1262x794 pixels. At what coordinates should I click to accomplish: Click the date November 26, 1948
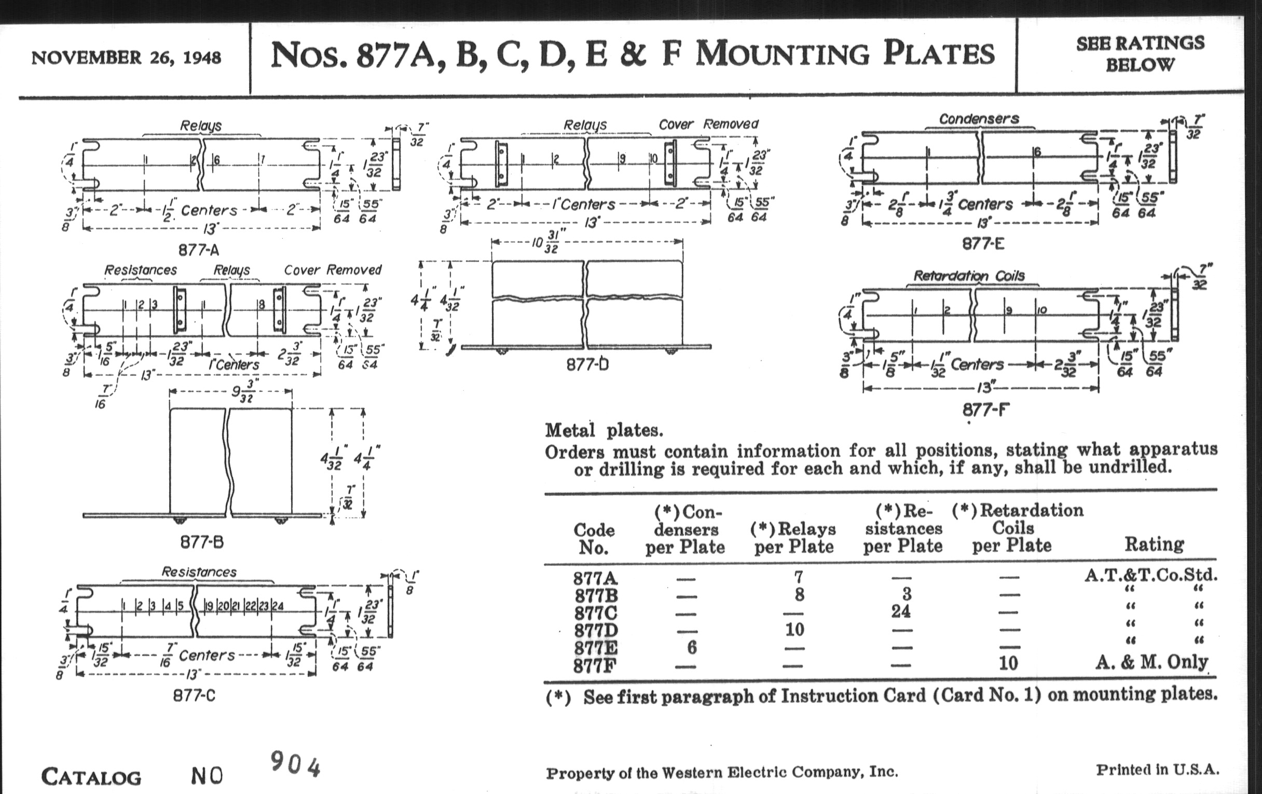coord(126,57)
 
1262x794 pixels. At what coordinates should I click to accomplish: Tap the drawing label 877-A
coord(199,250)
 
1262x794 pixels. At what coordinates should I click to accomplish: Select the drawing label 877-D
coord(587,364)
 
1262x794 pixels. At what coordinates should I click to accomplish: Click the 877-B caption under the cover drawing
coord(202,542)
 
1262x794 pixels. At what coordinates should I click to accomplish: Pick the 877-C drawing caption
coord(195,695)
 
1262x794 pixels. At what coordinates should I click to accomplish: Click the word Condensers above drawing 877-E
coord(979,119)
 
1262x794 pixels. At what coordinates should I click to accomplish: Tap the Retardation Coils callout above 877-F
coord(969,276)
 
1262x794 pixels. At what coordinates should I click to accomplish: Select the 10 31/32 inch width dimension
coord(545,242)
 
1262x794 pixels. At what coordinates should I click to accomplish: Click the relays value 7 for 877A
coord(798,577)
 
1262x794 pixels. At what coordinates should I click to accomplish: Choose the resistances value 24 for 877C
coord(901,611)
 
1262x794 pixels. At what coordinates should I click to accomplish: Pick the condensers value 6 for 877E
coord(692,647)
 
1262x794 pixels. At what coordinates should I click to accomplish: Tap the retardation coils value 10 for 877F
coord(1008,663)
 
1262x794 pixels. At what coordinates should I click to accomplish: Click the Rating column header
coord(1154,544)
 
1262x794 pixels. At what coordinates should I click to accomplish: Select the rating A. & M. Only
coord(1151,663)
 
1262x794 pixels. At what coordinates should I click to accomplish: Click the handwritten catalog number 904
coord(295,764)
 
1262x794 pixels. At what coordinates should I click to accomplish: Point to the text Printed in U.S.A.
coord(1158,770)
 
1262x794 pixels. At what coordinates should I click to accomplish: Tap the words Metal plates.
coord(603,431)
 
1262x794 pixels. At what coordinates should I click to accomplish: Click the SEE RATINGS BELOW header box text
coord(1141,54)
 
